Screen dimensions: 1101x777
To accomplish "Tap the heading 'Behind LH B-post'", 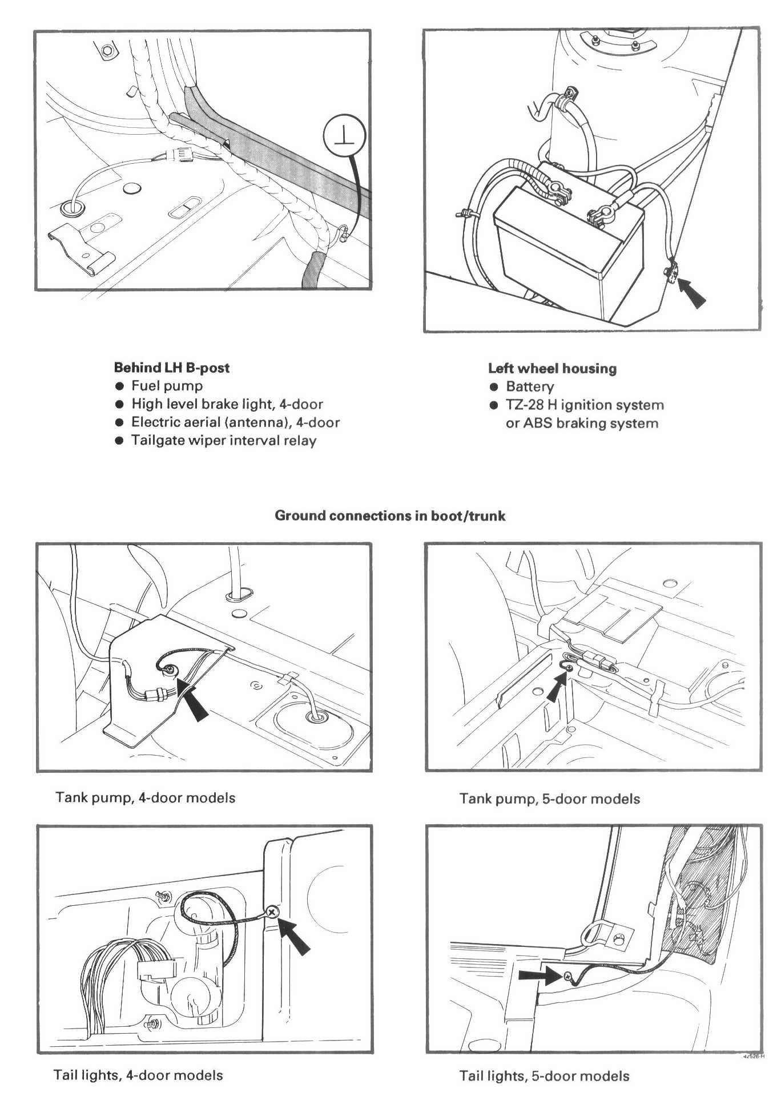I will [x=171, y=368].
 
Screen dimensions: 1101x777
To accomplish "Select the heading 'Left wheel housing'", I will [x=552, y=368].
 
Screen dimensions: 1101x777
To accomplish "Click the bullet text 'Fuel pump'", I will [x=167, y=386].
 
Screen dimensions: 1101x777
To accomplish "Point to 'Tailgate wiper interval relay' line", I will [x=223, y=441].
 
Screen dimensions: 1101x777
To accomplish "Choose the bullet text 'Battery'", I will [x=529, y=386].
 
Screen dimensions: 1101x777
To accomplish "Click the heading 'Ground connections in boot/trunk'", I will [x=390, y=515].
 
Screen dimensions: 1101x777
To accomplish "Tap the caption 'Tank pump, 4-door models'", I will [x=145, y=797].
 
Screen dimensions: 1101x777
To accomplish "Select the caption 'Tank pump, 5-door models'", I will [x=549, y=798].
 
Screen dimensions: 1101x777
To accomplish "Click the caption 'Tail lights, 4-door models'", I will [x=138, y=1075].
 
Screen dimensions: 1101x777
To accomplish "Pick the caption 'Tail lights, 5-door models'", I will [x=544, y=1076].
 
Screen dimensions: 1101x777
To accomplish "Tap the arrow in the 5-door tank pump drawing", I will [x=555, y=688].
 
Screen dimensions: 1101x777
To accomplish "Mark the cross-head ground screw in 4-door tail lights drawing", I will [x=272, y=913].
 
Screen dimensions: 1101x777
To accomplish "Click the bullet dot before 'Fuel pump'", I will [x=119, y=386].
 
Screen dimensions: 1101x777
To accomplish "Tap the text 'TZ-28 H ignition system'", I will [x=585, y=405].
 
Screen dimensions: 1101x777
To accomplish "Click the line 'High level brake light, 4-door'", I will [x=227, y=404].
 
